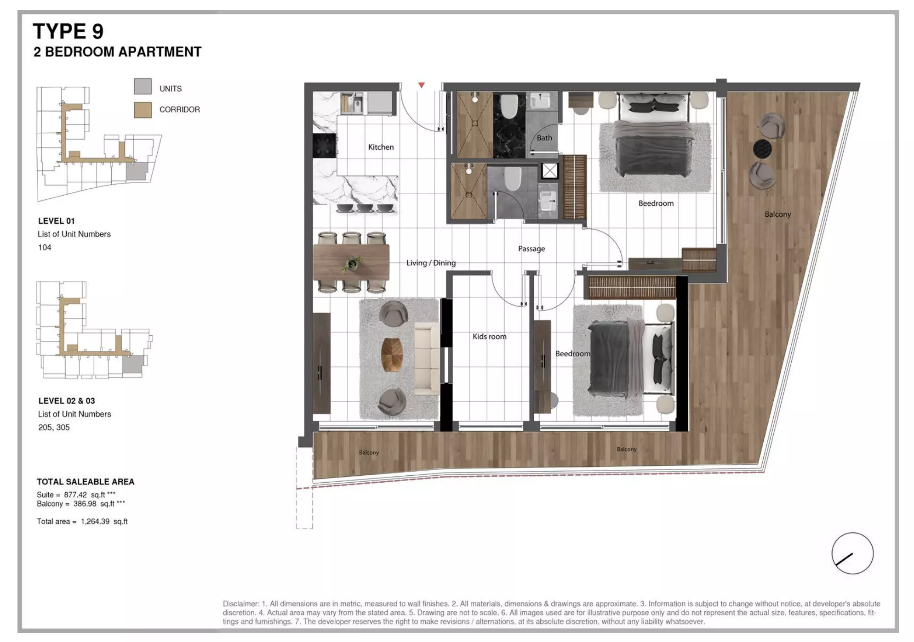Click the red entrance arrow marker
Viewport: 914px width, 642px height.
point(421,85)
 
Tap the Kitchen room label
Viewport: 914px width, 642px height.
point(381,147)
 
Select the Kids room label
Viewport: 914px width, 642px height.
point(489,337)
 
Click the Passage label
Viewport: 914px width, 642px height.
point(531,249)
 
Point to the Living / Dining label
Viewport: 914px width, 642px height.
point(431,263)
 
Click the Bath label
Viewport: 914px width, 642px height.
point(544,138)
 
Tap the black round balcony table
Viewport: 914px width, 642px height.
point(762,148)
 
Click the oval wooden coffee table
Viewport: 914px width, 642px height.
point(392,355)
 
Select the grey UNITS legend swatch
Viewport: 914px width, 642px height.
point(143,86)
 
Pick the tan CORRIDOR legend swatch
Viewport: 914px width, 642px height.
point(143,110)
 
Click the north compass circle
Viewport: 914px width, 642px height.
point(852,553)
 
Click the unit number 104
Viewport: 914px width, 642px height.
point(45,248)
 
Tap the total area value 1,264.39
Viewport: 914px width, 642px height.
point(95,522)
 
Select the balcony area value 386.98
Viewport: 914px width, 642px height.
point(85,504)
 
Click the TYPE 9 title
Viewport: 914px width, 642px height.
point(68,31)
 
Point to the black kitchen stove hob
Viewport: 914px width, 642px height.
point(324,146)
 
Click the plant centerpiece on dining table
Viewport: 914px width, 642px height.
point(353,264)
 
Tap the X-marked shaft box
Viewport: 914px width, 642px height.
point(549,171)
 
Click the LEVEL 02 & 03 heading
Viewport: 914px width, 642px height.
point(67,401)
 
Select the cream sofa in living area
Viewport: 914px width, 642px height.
point(427,359)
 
